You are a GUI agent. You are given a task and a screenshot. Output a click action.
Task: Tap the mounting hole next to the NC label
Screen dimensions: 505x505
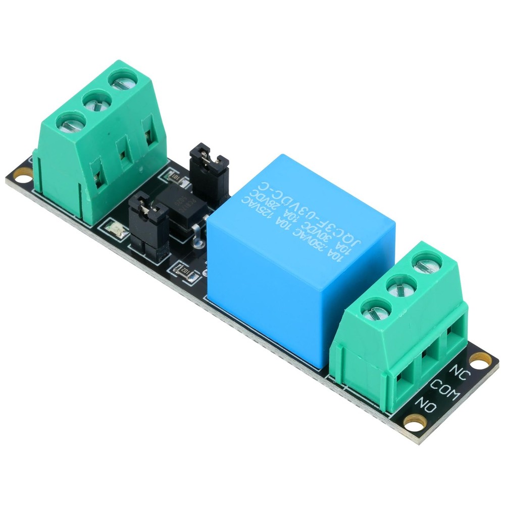[x=477, y=359]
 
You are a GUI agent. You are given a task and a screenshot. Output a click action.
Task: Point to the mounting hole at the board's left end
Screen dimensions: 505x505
[x=21, y=175]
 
